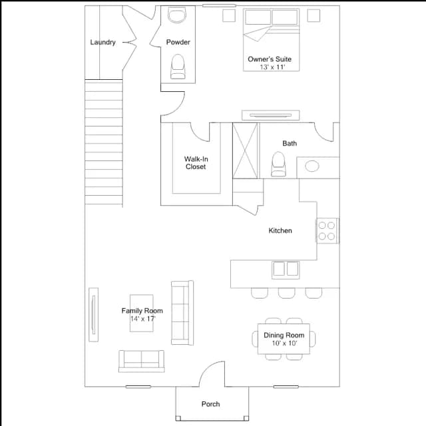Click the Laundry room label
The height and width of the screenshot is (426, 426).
(x=103, y=43)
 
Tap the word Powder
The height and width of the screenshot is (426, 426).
(x=178, y=42)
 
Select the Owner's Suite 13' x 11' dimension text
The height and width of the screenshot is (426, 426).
(x=272, y=67)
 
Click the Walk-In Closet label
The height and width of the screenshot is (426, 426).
(x=196, y=162)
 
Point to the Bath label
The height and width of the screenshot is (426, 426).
(x=290, y=143)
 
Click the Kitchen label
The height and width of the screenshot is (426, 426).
(x=280, y=230)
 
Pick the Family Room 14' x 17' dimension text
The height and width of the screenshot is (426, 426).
(x=142, y=318)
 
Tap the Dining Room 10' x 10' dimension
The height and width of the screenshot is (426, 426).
(x=284, y=343)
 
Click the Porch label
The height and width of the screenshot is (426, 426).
(x=210, y=404)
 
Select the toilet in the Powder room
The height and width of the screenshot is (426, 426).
(x=178, y=67)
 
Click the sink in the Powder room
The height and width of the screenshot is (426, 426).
(x=177, y=15)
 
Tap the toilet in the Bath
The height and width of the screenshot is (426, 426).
(x=278, y=164)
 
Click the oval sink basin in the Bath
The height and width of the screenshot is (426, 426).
(x=312, y=166)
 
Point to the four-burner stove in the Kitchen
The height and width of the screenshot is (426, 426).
(x=327, y=231)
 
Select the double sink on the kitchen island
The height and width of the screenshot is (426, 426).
(x=286, y=270)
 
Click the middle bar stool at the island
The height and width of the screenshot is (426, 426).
(x=286, y=293)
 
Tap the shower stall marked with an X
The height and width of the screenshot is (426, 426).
(x=245, y=150)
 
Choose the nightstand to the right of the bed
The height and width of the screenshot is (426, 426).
(x=314, y=15)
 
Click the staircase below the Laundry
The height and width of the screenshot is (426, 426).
(x=104, y=142)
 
